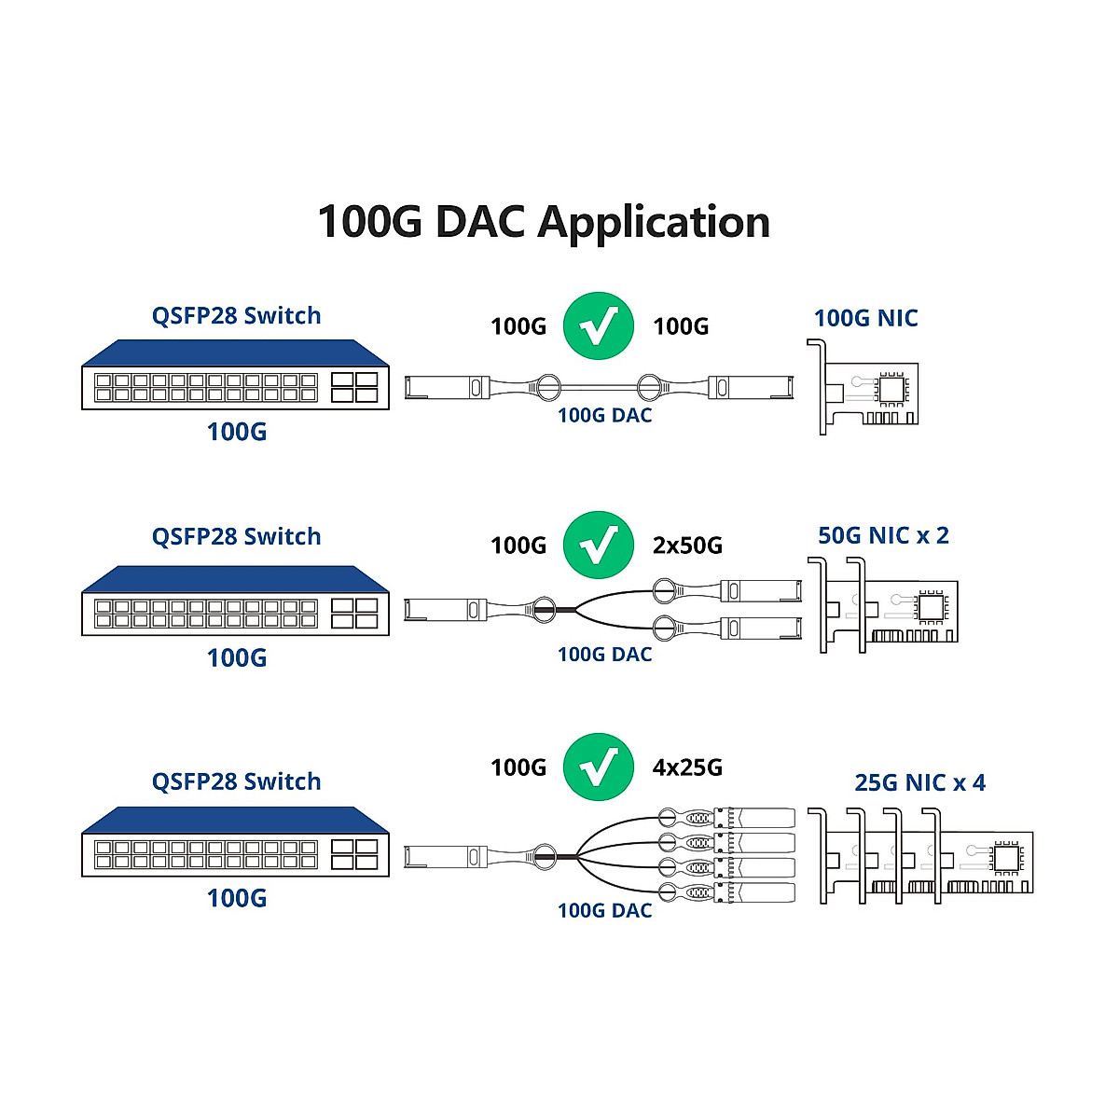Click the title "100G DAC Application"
544,222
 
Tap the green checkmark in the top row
598,325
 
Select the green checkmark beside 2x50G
598,545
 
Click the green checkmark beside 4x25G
598,767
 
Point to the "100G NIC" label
865,318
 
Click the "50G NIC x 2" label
882,535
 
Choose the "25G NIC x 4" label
919,782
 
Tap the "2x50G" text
687,546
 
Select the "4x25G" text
687,767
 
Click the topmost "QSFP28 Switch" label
236,316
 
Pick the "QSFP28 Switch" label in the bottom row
236,781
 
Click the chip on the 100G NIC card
892,389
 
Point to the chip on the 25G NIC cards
1007,857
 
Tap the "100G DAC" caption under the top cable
604,416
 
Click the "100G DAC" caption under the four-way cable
604,910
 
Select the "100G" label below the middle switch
236,657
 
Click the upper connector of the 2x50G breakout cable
760,589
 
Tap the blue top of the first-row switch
235,353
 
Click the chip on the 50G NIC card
932,608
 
